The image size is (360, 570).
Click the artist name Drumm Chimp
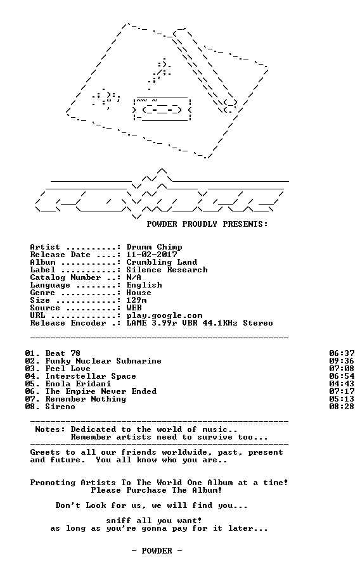(x=154, y=247)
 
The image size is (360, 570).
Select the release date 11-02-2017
(x=151, y=255)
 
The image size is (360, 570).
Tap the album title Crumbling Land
(x=162, y=262)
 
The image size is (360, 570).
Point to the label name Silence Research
(x=167, y=270)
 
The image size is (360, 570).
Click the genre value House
(x=139, y=293)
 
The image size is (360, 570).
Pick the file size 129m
(x=137, y=300)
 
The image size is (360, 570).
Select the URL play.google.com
(x=164, y=316)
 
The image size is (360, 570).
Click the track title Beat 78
(x=63, y=353)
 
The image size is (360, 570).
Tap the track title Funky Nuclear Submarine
(x=103, y=361)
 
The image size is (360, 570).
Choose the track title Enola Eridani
(x=78, y=384)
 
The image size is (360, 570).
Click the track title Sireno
(x=60, y=407)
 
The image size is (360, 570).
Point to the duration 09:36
(x=342, y=361)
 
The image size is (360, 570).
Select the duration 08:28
(x=342, y=407)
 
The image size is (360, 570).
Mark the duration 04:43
(x=342, y=384)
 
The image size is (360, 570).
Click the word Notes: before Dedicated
(x=50, y=429)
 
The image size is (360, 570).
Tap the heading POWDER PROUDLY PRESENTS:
(x=207, y=224)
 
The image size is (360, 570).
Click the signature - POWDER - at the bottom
(x=157, y=551)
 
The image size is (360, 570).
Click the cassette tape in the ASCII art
(x=162, y=109)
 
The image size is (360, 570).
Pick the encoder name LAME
(x=136, y=323)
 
